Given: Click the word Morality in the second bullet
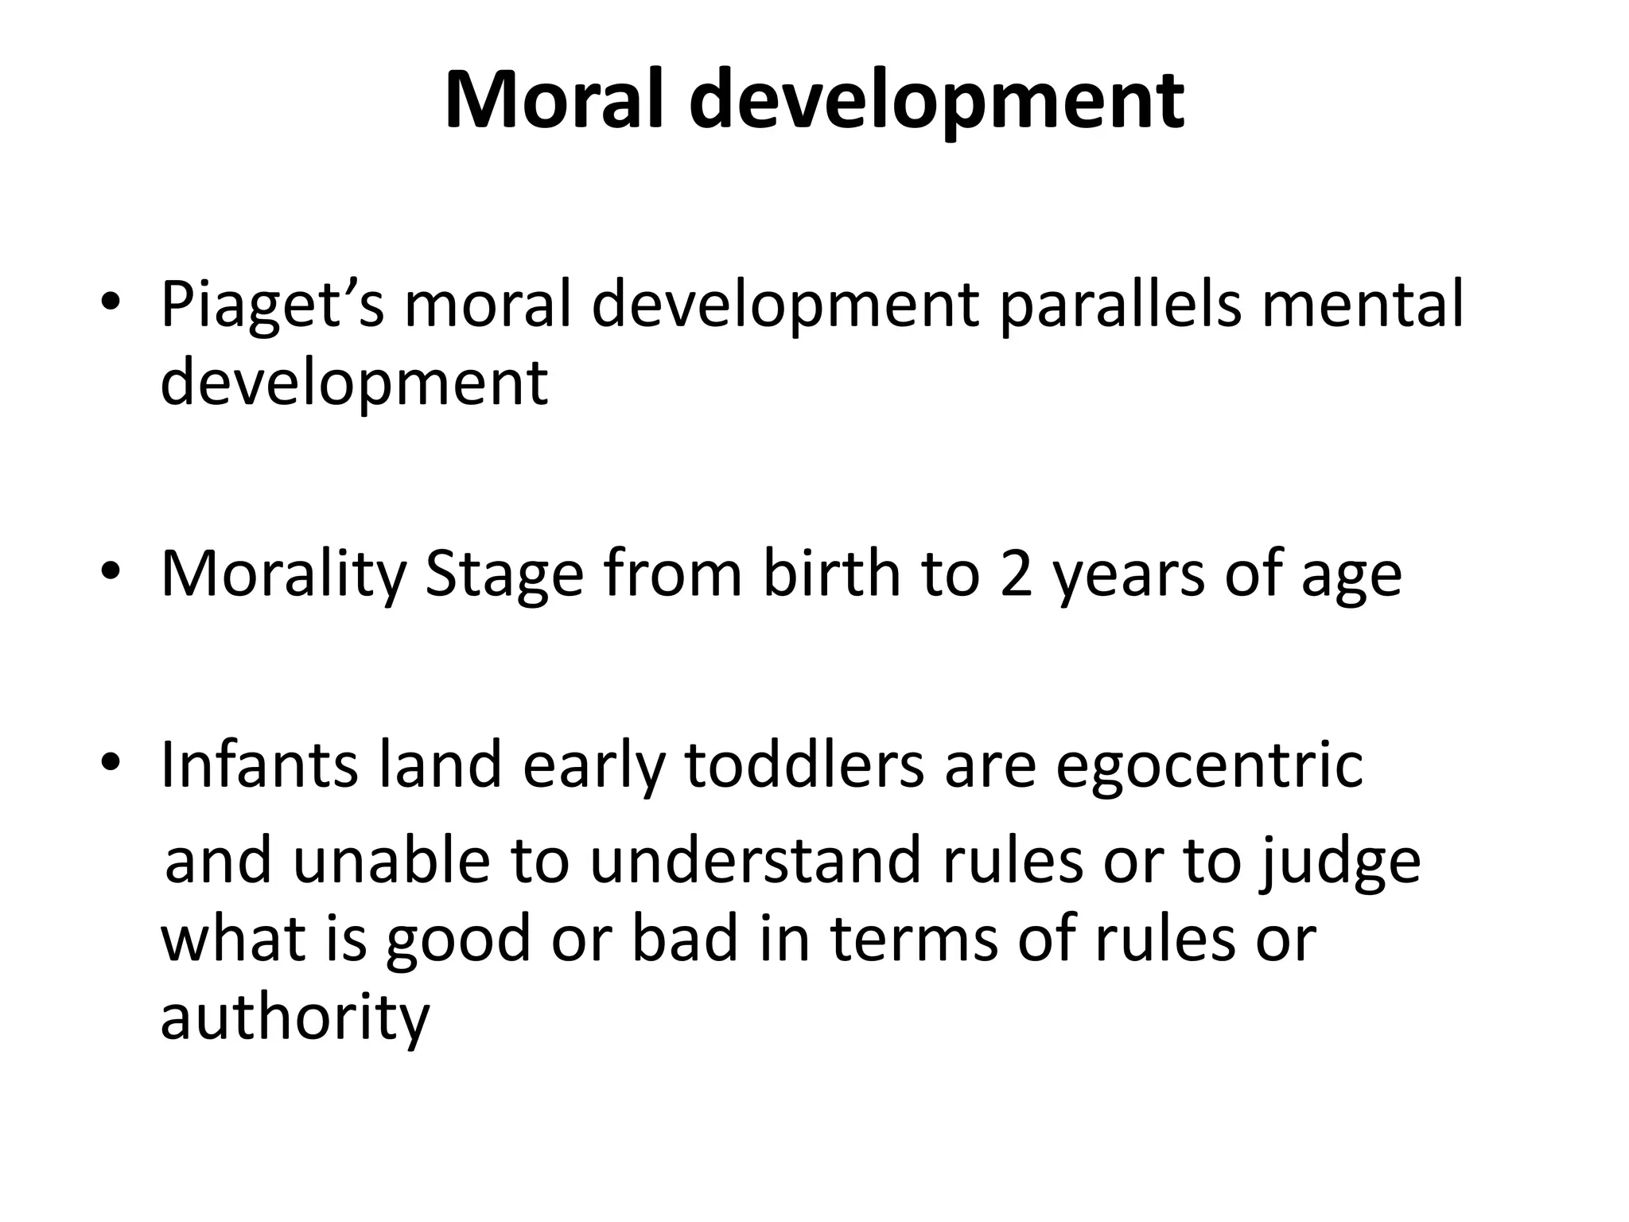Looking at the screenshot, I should click(283, 574).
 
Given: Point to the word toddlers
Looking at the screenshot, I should click(804, 765).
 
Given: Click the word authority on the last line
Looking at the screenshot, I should click(294, 1018).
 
